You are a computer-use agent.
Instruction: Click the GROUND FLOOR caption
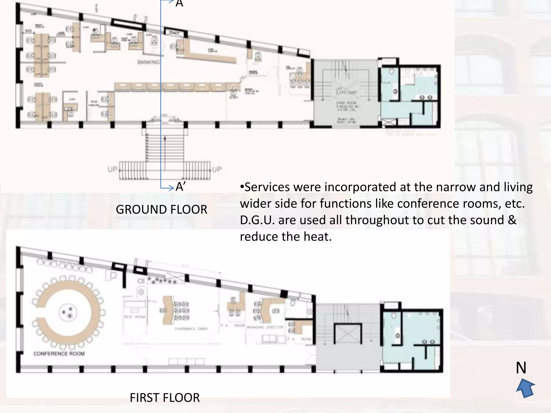[x=161, y=209]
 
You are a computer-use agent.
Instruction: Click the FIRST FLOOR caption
[x=165, y=398]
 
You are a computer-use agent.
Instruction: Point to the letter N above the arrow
[x=521, y=368]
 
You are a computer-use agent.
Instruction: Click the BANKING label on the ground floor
[x=149, y=62]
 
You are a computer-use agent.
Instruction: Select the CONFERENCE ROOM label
[x=59, y=354]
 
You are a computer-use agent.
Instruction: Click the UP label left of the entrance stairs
[x=112, y=169]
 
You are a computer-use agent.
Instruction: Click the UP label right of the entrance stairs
[x=217, y=169]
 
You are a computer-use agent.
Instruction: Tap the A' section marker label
[x=180, y=187]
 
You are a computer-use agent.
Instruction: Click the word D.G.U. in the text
[x=257, y=220]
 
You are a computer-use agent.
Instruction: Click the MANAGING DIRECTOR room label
[x=265, y=327]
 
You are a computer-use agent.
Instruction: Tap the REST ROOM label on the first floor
[x=135, y=317]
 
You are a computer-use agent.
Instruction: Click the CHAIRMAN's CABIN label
[x=191, y=329]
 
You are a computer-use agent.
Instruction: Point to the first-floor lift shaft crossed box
[x=348, y=334]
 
